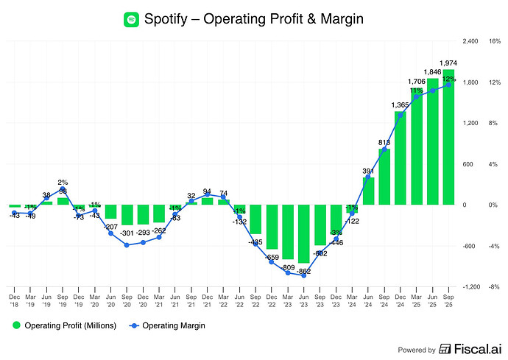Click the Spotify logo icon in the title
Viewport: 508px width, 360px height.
click(x=132, y=18)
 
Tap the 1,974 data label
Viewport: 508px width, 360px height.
click(x=448, y=63)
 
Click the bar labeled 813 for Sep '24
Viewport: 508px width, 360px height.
click(x=384, y=177)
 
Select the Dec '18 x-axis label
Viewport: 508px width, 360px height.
click(x=14, y=297)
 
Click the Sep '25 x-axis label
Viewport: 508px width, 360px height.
click(x=448, y=297)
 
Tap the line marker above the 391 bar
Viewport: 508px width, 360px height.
click(x=368, y=177)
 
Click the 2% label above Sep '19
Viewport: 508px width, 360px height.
click(x=63, y=182)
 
